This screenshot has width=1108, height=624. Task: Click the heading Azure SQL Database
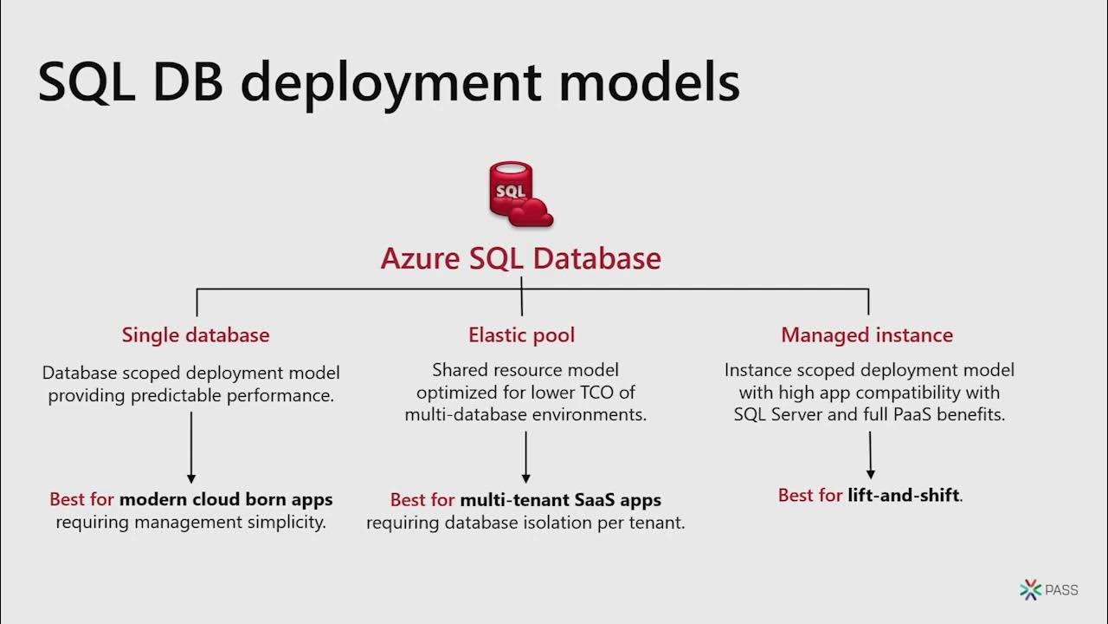coord(520,258)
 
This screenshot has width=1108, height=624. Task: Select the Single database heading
coord(196,335)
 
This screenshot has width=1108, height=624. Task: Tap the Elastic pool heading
coord(521,335)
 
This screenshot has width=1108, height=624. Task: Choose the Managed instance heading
coord(866,335)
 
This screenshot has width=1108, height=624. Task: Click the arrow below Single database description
coord(191,446)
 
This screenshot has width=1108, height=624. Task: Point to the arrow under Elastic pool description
coord(525,456)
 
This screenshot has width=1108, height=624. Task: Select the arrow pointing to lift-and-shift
coord(869,454)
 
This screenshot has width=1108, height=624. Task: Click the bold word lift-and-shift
coord(904,496)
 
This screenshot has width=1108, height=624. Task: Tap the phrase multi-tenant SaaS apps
coord(560,500)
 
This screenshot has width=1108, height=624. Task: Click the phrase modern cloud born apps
coord(226,499)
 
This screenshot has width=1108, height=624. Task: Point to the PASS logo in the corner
coord(1049,590)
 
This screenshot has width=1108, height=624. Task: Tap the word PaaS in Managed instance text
coord(900,414)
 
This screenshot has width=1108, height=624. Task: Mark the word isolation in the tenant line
coord(564,523)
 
